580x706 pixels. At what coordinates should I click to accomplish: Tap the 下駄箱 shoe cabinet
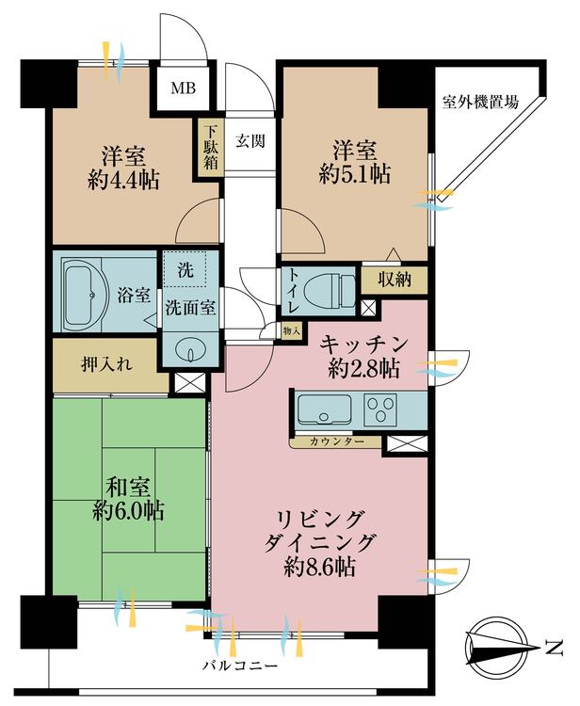click(x=206, y=147)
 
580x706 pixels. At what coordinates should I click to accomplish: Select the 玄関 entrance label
click(x=250, y=141)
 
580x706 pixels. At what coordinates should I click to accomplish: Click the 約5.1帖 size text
click(x=354, y=173)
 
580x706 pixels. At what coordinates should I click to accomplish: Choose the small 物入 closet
click(x=291, y=330)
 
